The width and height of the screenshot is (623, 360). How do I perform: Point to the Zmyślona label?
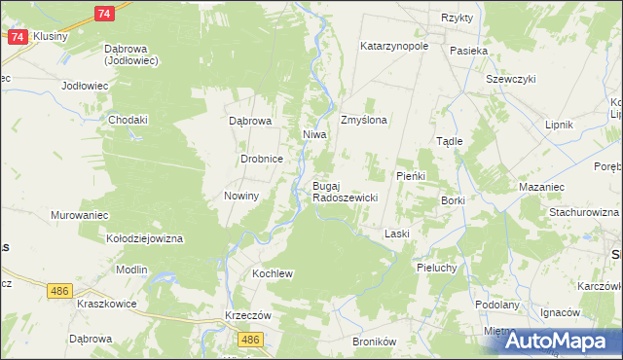(364, 121)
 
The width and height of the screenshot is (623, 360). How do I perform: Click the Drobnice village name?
(262, 159)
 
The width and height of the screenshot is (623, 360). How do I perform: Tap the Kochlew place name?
(273, 274)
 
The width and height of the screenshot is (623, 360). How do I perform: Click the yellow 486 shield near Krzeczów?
(251, 339)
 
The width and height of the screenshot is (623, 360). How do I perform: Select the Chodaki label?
(128, 120)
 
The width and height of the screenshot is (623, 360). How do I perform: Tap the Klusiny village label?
(50, 36)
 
